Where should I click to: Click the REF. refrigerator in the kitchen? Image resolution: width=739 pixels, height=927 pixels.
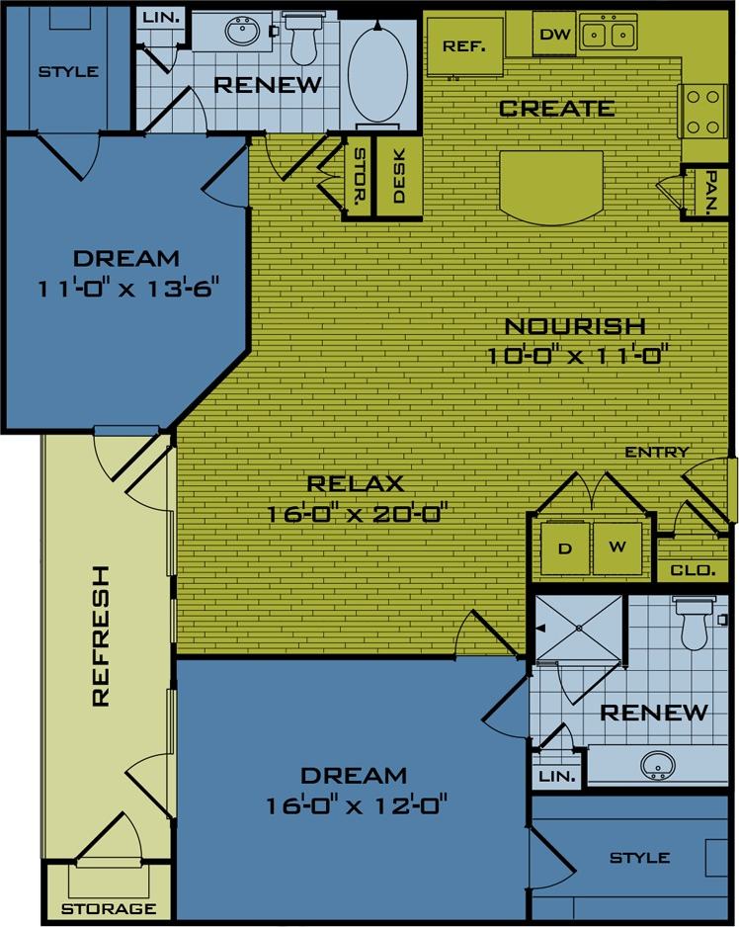(462, 47)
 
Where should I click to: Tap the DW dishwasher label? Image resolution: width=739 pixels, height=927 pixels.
(556, 35)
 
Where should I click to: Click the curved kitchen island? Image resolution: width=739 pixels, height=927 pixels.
(551, 185)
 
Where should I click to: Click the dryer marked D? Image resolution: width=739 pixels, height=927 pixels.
(566, 547)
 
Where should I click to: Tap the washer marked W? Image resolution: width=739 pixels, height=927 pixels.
(616, 547)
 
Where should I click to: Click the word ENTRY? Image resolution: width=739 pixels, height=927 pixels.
(656, 453)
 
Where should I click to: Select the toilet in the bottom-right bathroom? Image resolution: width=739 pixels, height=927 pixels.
(694, 623)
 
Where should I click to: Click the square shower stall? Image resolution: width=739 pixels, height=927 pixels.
(579, 628)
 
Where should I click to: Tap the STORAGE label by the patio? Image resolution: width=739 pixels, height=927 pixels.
(109, 908)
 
